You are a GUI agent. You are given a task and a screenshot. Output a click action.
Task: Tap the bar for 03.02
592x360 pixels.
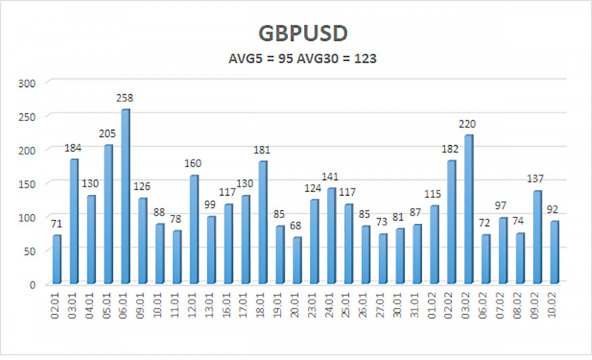click(x=467, y=211)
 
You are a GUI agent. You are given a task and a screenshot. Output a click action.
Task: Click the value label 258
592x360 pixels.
click(x=125, y=98)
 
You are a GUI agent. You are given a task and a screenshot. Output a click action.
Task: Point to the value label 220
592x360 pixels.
click(x=467, y=124)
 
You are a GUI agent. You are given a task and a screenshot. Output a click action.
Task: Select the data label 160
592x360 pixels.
click(x=193, y=164)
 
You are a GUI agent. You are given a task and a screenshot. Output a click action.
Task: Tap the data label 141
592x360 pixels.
click(x=330, y=177)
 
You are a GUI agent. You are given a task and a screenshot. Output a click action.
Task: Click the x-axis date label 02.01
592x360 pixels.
click(x=57, y=305)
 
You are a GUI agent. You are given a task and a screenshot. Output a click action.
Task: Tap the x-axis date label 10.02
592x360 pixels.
click(x=555, y=305)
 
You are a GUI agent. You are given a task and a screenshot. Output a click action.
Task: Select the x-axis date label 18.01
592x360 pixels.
click(x=262, y=305)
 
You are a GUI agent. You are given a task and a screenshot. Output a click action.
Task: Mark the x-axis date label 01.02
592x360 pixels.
click(x=434, y=305)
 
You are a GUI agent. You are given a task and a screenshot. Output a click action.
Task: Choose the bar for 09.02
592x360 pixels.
click(x=536, y=238)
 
